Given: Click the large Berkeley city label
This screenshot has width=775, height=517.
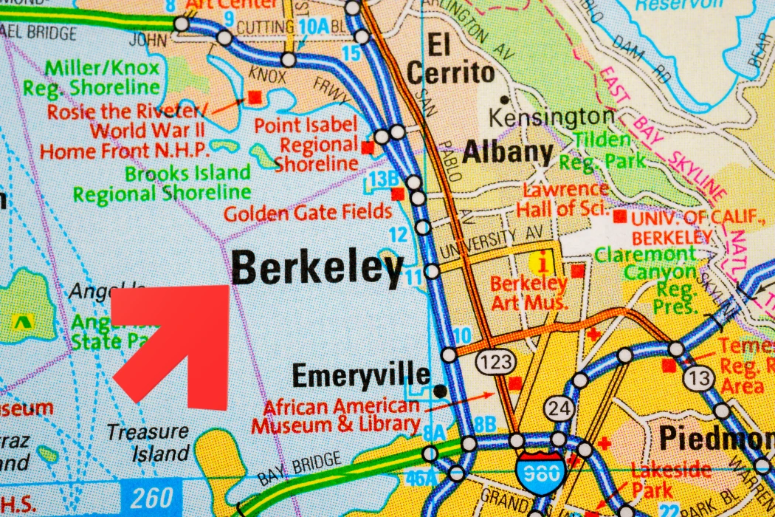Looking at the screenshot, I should [x=317, y=269].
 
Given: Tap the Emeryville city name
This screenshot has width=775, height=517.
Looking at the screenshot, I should [x=360, y=376].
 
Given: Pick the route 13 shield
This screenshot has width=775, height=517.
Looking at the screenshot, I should [x=697, y=378].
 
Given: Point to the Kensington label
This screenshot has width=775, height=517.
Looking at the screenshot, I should [x=551, y=117].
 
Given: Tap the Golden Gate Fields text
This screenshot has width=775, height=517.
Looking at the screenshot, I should [x=308, y=213].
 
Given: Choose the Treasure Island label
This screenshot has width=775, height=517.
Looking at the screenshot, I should [x=147, y=442].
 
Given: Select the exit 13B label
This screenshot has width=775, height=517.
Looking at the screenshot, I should [x=384, y=178].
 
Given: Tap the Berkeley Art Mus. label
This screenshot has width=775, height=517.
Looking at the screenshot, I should [x=528, y=292].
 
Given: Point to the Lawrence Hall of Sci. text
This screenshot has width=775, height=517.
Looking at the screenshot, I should [x=562, y=199].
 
